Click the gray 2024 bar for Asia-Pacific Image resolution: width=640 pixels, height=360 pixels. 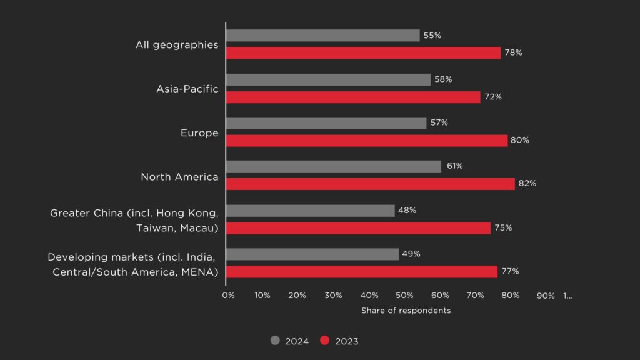coord(328,79)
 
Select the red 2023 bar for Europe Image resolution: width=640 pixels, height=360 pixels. coord(366,141)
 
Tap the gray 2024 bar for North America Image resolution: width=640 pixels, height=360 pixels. coord(333,166)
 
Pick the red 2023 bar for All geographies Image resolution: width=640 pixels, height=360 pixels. coord(363,53)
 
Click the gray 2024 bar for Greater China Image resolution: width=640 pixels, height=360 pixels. coord(310,211)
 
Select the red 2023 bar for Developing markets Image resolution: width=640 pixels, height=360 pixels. coord(361,272)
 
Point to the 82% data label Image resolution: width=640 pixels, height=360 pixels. coord(527,184)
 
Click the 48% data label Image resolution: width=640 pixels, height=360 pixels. coord(407,211)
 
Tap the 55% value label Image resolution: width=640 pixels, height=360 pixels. coord(432,36)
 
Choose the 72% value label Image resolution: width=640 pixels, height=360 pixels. coord(492,97)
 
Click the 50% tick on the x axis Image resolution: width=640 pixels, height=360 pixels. coord(405,296)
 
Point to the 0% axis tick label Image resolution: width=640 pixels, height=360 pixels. coord(228,296)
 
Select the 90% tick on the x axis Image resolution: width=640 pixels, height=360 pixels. coord(546,296)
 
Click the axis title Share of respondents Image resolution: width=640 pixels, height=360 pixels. coord(406,311)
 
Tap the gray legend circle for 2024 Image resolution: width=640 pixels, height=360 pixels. coord(275,341)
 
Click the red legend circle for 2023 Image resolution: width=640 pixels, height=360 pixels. coord(324,341)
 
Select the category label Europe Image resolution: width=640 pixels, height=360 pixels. coord(199,133)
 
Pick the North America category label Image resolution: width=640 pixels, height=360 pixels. coord(179,177)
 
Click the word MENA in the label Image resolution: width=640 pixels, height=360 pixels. coord(202,272)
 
